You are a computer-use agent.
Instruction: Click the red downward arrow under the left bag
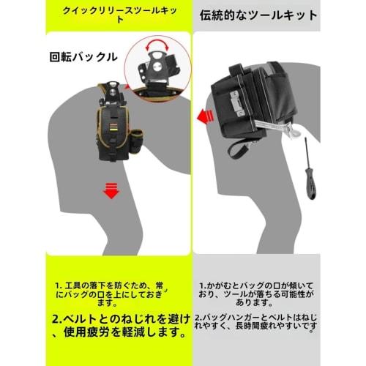pyautogui.click(x=111, y=193)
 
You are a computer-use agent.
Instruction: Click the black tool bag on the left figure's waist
pyautogui.click(x=116, y=132)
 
